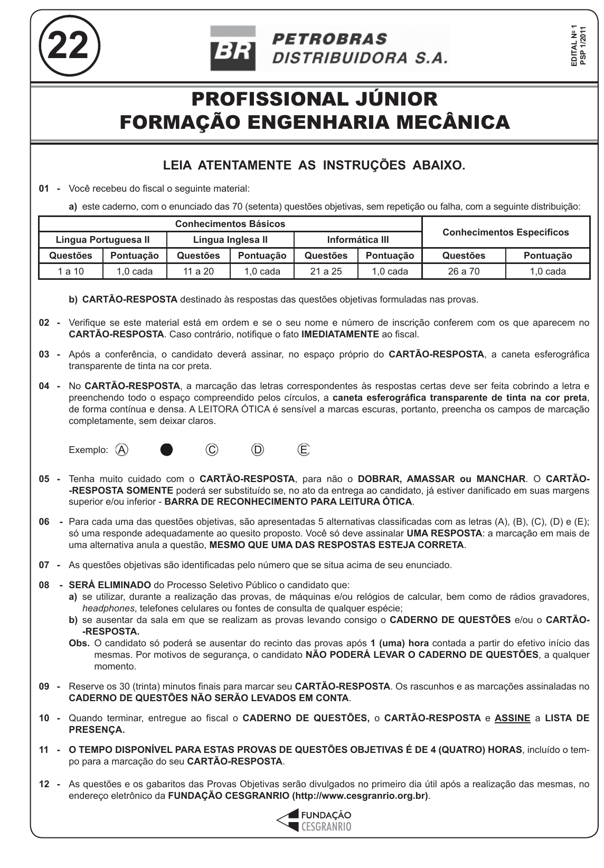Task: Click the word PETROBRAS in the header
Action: [330, 39]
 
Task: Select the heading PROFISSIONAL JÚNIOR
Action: [315, 99]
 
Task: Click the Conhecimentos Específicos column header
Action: [505, 232]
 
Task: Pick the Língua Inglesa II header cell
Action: [230, 240]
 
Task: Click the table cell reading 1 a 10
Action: [71, 271]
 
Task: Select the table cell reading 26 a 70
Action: [464, 271]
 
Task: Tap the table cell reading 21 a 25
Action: [326, 271]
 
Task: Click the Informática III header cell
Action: [358, 240]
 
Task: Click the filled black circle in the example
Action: [167, 450]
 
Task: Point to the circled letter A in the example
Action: [122, 450]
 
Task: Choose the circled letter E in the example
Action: [304, 450]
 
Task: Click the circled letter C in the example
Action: [212, 450]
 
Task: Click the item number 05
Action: [44, 479]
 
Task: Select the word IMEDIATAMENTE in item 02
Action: [340, 334]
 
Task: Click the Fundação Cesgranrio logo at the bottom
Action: [315, 820]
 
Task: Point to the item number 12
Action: [44, 785]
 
